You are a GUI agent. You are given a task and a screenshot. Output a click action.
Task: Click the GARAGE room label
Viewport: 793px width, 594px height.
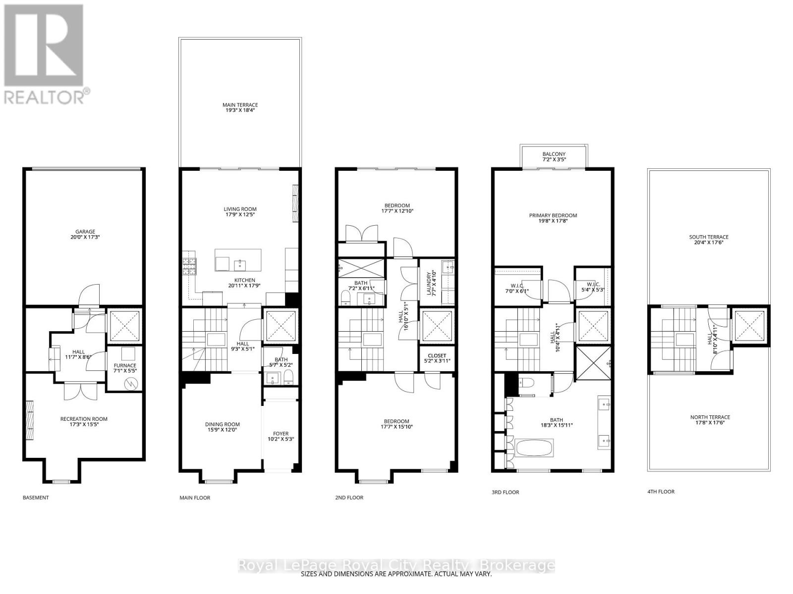coord(85,231)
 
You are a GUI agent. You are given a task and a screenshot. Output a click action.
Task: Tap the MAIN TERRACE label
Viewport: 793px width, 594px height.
coord(240,105)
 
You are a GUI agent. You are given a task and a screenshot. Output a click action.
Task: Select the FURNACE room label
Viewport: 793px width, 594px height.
coord(125,365)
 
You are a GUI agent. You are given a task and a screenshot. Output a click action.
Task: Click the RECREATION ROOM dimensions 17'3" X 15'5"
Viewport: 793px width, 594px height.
coord(84,425)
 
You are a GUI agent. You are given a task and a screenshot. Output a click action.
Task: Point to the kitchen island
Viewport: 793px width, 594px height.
coord(237,260)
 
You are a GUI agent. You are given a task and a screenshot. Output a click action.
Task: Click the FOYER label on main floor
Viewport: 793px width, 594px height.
coord(281,433)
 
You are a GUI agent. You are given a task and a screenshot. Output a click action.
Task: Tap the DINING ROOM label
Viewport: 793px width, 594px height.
coord(223,424)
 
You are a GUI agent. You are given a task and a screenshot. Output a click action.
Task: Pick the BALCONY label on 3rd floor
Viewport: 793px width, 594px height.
coord(554,154)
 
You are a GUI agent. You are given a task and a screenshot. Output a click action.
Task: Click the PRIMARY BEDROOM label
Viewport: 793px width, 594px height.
coord(553,215)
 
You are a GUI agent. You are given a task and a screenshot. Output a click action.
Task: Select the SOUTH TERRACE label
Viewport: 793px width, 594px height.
coord(708,237)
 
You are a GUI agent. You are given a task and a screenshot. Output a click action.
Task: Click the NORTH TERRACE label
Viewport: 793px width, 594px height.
coord(710,417)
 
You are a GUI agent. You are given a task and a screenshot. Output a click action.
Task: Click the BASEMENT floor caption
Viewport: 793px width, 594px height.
coord(36,497)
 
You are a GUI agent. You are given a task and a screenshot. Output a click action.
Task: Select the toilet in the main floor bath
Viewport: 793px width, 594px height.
coord(289,379)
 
